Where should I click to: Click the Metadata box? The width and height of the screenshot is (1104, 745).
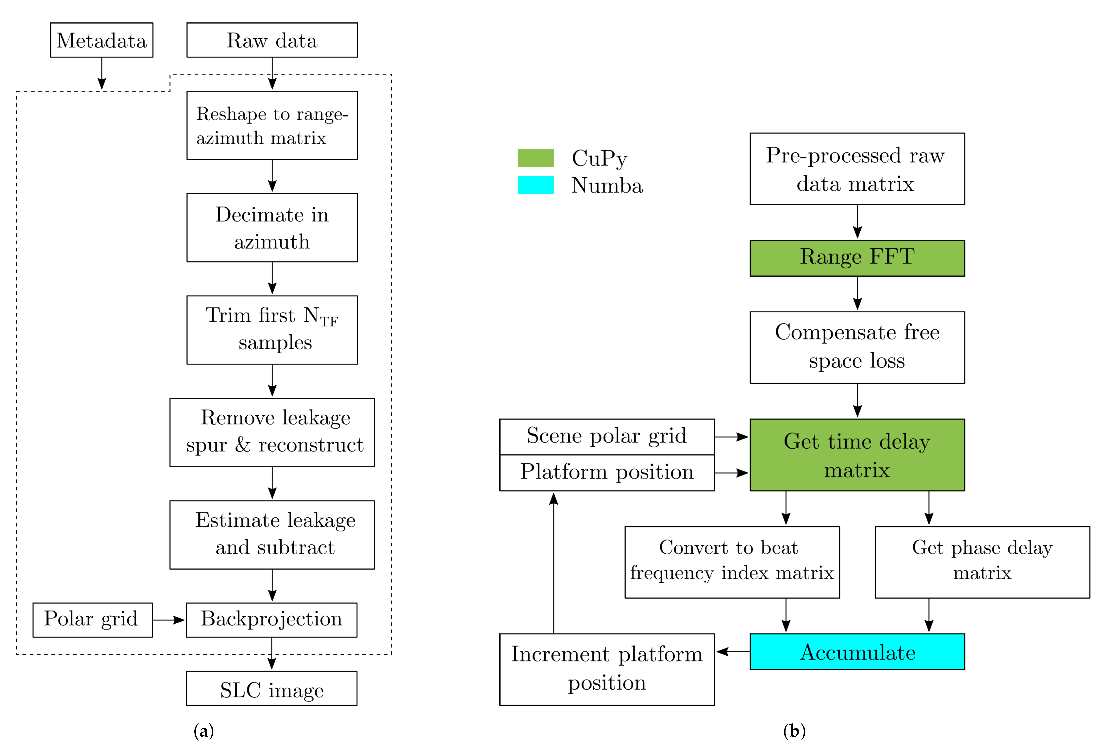click(x=102, y=40)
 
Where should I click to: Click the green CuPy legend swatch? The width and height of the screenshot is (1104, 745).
click(x=535, y=158)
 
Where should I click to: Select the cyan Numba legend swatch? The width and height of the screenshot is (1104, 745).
click(x=535, y=185)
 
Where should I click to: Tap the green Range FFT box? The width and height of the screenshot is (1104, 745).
click(x=857, y=258)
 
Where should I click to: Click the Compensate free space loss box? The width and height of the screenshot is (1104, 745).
click(x=857, y=347)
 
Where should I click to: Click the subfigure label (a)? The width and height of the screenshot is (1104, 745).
click(x=204, y=730)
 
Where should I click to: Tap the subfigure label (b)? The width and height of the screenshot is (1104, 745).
click(x=794, y=730)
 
